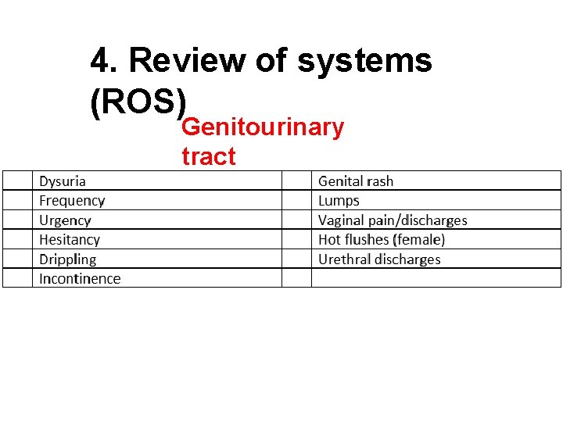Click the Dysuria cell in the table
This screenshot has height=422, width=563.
click(63, 181)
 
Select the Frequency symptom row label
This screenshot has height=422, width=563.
click(72, 201)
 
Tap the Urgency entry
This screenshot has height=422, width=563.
click(65, 220)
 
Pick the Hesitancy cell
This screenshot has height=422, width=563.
click(70, 240)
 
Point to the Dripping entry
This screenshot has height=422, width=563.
click(68, 259)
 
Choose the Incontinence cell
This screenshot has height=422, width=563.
click(80, 279)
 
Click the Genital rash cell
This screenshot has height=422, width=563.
click(356, 181)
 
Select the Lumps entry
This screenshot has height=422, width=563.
click(339, 201)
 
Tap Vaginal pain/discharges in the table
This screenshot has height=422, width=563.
click(393, 220)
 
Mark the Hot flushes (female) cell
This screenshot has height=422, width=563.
click(382, 240)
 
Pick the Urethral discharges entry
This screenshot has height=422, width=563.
click(379, 259)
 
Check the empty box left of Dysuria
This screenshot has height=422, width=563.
click(17, 181)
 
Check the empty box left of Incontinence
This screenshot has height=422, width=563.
click(17, 279)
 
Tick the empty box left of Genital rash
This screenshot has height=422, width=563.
click(296, 181)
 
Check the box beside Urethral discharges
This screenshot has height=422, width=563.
click(296, 259)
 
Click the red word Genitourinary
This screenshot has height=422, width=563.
click(262, 127)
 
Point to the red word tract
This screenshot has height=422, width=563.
click(208, 156)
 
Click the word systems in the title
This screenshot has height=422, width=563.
click(364, 60)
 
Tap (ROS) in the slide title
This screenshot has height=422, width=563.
click(139, 102)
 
